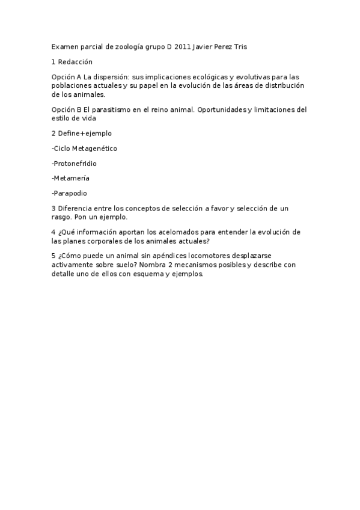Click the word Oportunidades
coord(217,109)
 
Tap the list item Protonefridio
coord(75,163)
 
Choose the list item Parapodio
coord(70,193)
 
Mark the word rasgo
coord(63,217)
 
